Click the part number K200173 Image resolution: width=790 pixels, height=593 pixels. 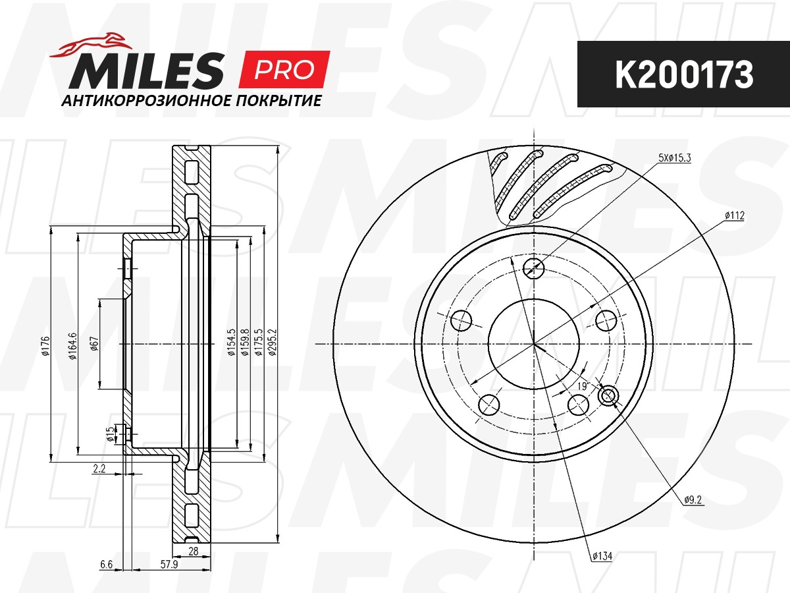[x=684, y=74]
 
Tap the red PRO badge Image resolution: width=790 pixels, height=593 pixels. [x=284, y=69]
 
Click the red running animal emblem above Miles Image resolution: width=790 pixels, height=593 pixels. [x=91, y=45]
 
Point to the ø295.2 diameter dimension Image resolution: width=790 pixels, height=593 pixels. [x=273, y=342]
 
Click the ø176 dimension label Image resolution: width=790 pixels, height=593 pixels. [x=45, y=347]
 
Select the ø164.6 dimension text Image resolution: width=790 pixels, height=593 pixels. [x=72, y=346]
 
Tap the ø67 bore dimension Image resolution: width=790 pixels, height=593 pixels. [x=94, y=344]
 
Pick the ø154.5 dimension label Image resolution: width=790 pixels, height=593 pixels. [x=232, y=342]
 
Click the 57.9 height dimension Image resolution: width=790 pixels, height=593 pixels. [x=169, y=564]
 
